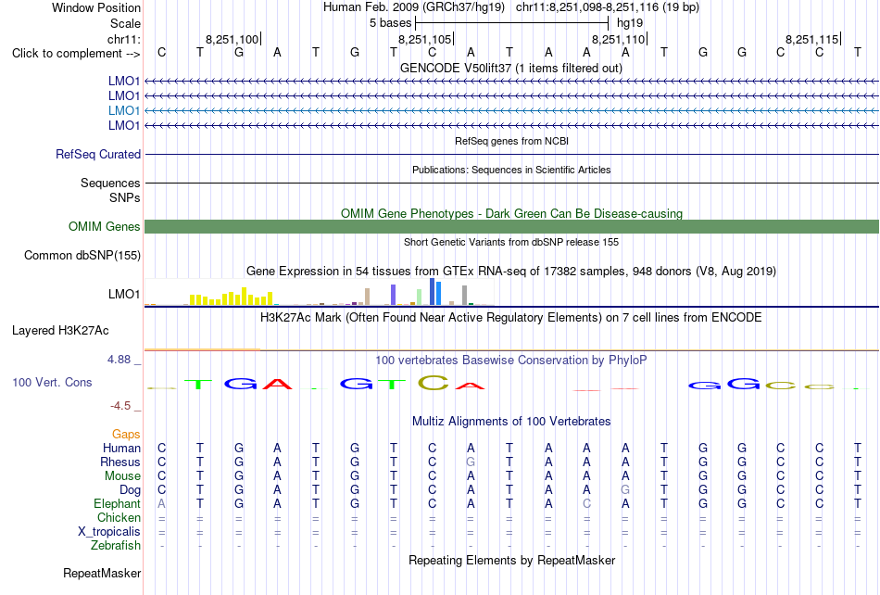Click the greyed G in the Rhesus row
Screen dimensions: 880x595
pyautogui.click(x=471, y=462)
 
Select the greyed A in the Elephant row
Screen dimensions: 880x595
pyautogui.click(x=161, y=503)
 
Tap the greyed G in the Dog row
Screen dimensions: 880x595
pyautogui.click(x=625, y=489)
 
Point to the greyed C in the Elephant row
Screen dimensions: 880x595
pyautogui.click(x=586, y=503)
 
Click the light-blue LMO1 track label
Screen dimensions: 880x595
pyautogui.click(x=124, y=110)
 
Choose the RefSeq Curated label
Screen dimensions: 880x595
pyautogui.click(x=98, y=155)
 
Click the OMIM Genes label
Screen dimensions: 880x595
pyautogui.click(x=105, y=226)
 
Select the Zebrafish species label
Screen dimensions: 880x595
pyautogui.click(x=116, y=545)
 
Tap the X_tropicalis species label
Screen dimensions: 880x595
pyautogui.click(x=109, y=532)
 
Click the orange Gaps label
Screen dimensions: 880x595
pyautogui.click(x=126, y=434)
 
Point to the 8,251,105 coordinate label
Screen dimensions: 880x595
pyautogui.click(x=424, y=39)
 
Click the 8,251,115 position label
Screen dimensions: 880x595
pyautogui.click(x=811, y=39)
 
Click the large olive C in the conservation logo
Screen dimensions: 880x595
pyautogui.click(x=434, y=383)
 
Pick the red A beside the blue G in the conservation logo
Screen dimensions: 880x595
pyautogui.click(x=277, y=384)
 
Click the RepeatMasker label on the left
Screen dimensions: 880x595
pyautogui.click(x=102, y=573)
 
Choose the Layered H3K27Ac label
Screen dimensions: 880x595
pyautogui.click(x=60, y=331)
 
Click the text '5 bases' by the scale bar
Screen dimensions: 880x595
pyautogui.click(x=390, y=23)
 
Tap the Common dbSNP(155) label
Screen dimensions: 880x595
pyautogui.click(x=82, y=256)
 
